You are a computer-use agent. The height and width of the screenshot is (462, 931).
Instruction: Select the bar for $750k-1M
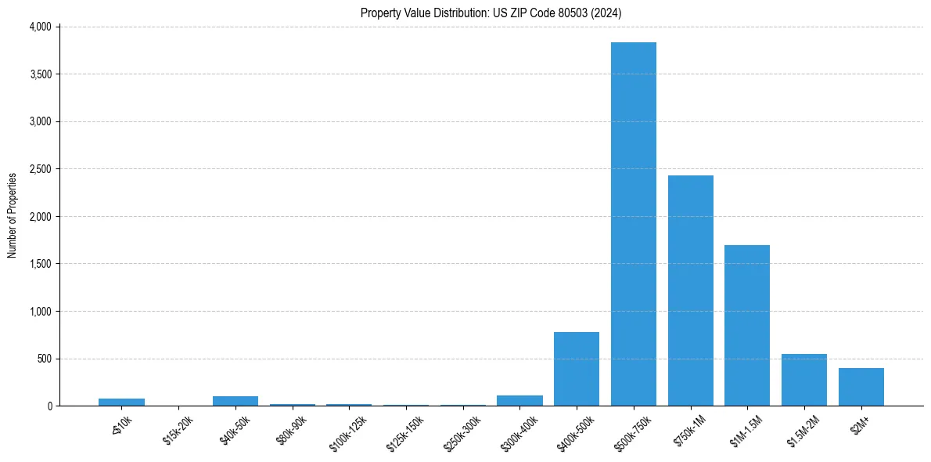(690, 291)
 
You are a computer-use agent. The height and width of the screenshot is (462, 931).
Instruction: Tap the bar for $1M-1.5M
(747, 326)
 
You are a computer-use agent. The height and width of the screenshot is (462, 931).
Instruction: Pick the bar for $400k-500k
(577, 369)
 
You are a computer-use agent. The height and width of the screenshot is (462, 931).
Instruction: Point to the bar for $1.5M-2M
(804, 380)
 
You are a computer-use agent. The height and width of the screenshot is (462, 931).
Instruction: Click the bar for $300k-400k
(519, 400)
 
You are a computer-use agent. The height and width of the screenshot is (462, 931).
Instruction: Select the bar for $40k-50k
(235, 401)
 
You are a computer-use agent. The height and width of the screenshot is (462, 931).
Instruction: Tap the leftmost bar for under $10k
(121, 402)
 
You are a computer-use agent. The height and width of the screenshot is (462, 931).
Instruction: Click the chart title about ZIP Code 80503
(491, 13)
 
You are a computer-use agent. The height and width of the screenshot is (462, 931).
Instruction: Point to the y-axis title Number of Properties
(13, 215)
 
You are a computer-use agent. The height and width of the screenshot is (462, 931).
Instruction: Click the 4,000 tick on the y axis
(40, 27)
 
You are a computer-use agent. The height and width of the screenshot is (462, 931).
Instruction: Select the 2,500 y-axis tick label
(40, 169)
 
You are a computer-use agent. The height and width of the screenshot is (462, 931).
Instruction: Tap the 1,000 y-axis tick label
(40, 312)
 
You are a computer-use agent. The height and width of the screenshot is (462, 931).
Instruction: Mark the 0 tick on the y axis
(49, 406)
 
